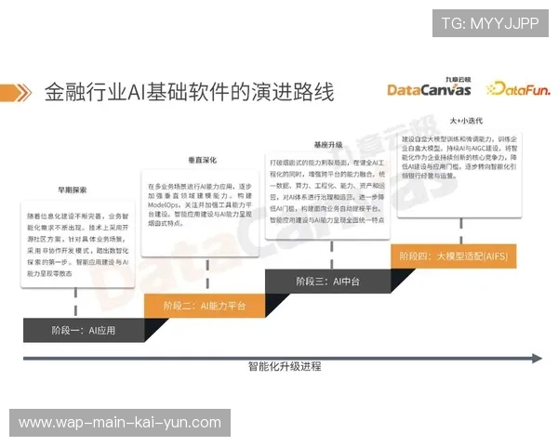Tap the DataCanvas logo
429,90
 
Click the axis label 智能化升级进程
285,366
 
